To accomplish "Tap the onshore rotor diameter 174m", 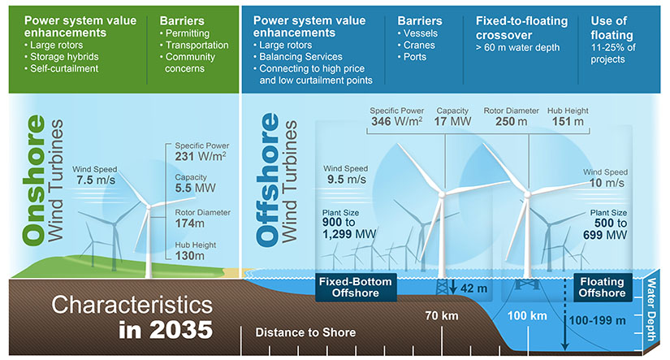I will (x=189, y=223).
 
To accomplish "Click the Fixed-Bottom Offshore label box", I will (x=354, y=287).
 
